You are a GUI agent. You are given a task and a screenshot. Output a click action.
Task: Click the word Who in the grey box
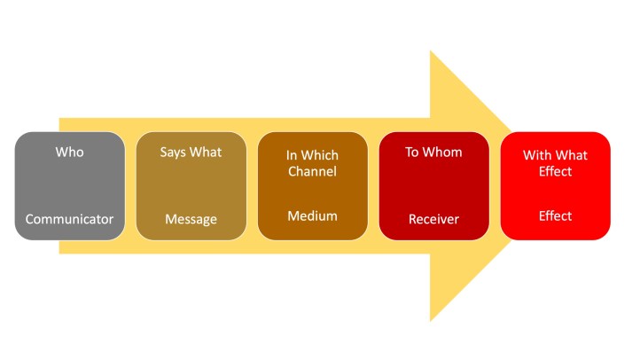69,153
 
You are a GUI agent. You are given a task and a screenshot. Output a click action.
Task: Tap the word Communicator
69,219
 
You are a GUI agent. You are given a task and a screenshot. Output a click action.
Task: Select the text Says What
191,153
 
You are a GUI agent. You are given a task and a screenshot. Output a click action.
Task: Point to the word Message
191,219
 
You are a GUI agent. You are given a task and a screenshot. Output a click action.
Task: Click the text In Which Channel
312,163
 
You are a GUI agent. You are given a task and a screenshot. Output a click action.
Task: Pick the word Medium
312,215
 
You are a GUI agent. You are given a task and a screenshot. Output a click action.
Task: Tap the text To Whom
433,153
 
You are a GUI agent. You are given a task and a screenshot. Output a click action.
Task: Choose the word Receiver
433,219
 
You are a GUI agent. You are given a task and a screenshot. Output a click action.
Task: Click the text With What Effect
555,163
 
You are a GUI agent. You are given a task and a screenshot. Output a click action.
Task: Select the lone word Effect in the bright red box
555,215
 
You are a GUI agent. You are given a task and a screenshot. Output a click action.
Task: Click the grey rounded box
69,186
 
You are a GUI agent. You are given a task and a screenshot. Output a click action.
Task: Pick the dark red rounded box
433,186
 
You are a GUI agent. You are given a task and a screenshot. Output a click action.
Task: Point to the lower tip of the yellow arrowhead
431,318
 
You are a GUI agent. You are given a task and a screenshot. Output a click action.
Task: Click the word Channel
312,172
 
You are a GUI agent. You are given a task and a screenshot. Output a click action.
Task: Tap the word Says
175,153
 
